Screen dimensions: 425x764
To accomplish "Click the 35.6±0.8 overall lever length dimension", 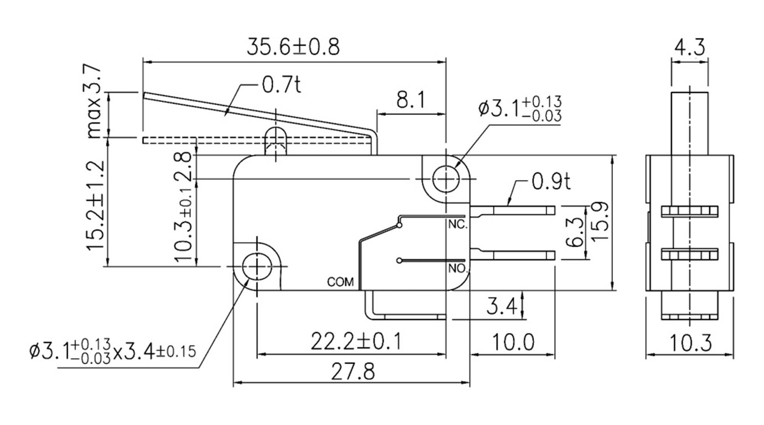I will pos(293,47).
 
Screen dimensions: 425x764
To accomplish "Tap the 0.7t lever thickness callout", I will pos(281,85).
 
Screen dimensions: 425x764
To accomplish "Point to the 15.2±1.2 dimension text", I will pos(95,205).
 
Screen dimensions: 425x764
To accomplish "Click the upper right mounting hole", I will pos(446,179).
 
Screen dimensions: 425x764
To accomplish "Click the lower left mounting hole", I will pos(257,266).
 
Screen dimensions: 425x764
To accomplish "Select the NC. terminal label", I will pos(458,225).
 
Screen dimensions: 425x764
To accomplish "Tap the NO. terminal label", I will pos(458,269).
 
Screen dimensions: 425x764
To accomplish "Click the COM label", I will pos(340,282).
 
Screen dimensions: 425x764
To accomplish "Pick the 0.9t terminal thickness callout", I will pos(550,181).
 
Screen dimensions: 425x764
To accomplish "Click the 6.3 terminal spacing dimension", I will pos(576,232).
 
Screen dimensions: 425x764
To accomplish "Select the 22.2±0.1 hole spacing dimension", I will pos(356,341).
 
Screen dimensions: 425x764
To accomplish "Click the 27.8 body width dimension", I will pos(353,372).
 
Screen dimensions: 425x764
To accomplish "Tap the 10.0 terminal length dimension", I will pos(513,342).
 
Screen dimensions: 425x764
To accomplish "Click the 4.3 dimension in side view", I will pos(690,48).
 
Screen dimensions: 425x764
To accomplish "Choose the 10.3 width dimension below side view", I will pos(690,343).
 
